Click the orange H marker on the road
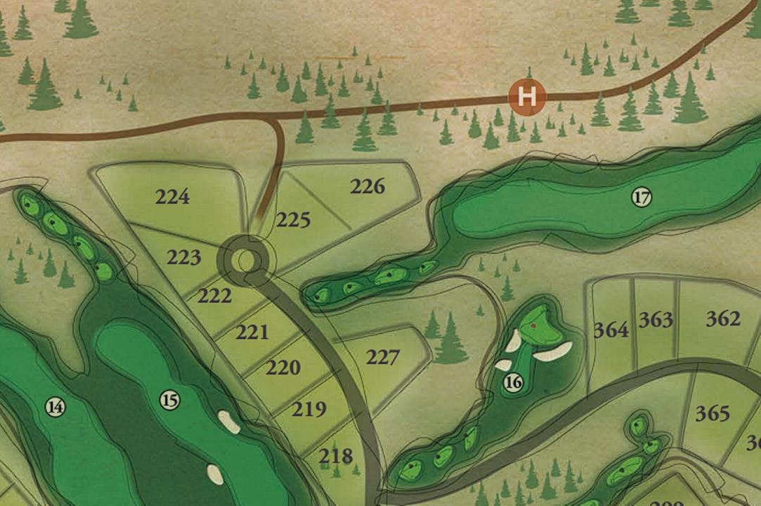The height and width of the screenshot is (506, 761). (527, 96)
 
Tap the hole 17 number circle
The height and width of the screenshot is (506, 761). (641, 197)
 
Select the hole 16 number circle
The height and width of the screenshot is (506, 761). (513, 382)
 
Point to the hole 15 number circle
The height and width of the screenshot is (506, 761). (169, 400)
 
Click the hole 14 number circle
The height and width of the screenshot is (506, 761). (55, 406)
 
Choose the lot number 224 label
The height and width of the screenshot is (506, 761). (172, 197)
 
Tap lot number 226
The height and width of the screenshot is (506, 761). (368, 186)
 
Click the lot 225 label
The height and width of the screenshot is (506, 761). (293, 221)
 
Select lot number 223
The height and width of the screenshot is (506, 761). (183, 258)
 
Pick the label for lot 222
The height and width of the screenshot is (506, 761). (214, 296)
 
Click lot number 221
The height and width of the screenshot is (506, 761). (252, 332)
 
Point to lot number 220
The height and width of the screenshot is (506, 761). (283, 368)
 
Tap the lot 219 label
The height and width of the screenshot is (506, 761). (309, 409)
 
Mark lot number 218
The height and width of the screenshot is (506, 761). (335, 457)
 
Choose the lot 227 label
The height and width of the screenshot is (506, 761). (382, 358)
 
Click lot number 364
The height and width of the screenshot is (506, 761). (611, 330)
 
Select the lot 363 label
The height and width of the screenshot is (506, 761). (656, 320)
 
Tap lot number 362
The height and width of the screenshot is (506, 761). (723, 319)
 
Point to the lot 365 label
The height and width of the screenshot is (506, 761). (713, 413)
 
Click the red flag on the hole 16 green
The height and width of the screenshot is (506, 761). (534, 325)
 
